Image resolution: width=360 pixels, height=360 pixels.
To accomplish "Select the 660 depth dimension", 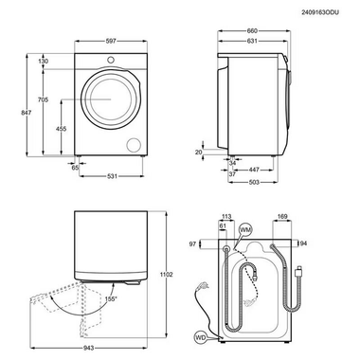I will (x=252, y=29).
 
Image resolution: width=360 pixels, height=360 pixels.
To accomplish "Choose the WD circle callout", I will (x=200, y=335).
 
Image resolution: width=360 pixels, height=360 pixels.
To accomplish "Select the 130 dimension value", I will (x=44, y=61).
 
